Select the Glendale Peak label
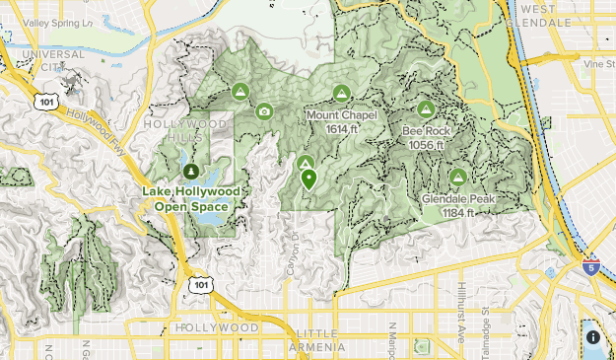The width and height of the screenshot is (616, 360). point(457,205)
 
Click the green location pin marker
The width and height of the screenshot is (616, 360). point(308,180)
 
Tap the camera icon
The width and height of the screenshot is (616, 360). point(264,111)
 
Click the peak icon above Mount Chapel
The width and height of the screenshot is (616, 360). point(341,94)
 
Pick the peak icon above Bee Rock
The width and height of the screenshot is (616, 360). point(426,109)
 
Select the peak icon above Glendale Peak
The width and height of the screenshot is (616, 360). point(457,178)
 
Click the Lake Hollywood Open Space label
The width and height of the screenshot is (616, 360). point(190,199)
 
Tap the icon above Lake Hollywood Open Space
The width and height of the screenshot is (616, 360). point(190,173)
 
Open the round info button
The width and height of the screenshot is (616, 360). point(593,337)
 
